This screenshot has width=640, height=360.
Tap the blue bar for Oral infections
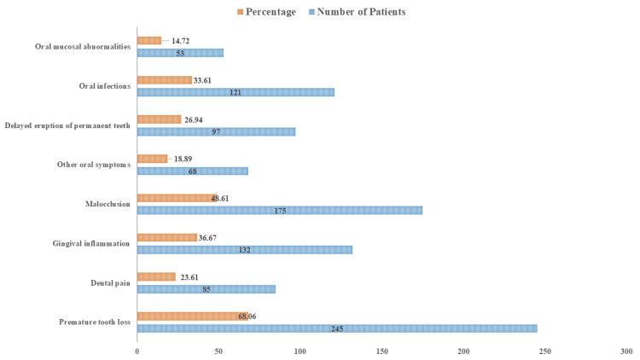tap(236, 91)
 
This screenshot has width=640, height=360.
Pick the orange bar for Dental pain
tap(156, 276)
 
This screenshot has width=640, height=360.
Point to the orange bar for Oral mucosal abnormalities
tap(148, 40)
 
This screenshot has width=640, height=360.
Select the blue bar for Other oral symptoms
tap(192, 171)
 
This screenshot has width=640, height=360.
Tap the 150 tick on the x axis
tap(381, 351)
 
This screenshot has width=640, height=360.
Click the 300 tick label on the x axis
tap(626, 351)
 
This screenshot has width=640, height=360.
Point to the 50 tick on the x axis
tap(218, 351)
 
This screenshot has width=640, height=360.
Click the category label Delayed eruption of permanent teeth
tap(66, 125)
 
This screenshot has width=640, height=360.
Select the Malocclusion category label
tap(108, 204)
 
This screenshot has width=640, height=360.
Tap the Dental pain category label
tap(111, 282)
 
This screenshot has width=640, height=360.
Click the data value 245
tap(337, 328)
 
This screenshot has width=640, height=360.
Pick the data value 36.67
tap(212, 237)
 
